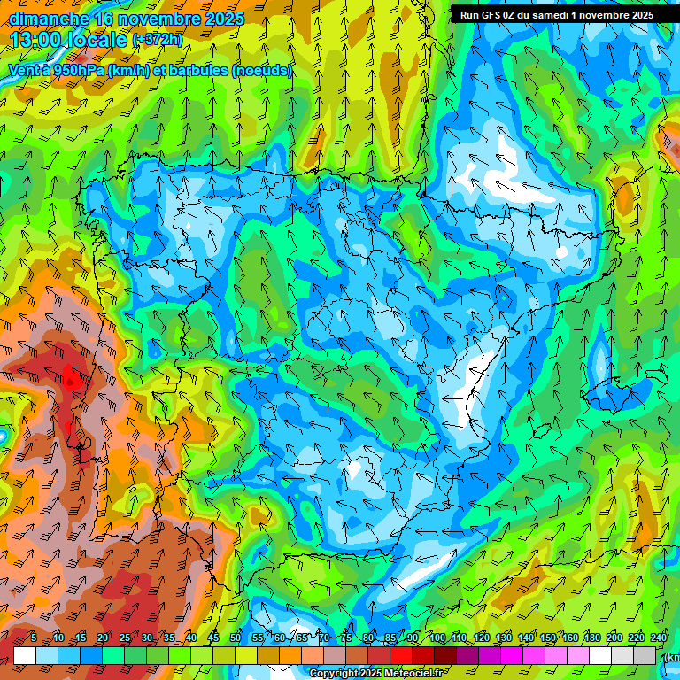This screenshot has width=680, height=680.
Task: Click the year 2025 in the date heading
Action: pos(217,18)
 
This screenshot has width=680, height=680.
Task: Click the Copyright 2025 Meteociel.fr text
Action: pos(375,673)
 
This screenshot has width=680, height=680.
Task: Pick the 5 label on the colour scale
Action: pos(34,637)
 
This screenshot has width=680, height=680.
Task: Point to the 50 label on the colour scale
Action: pos(236,637)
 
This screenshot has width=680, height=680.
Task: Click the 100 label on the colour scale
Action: pos(437,637)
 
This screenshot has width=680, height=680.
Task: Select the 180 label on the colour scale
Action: pos(591,637)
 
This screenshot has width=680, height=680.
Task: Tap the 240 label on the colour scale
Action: pos(659,637)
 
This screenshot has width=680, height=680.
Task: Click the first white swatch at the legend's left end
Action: pos(25,655)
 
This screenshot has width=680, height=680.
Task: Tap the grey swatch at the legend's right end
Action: pos(645,655)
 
